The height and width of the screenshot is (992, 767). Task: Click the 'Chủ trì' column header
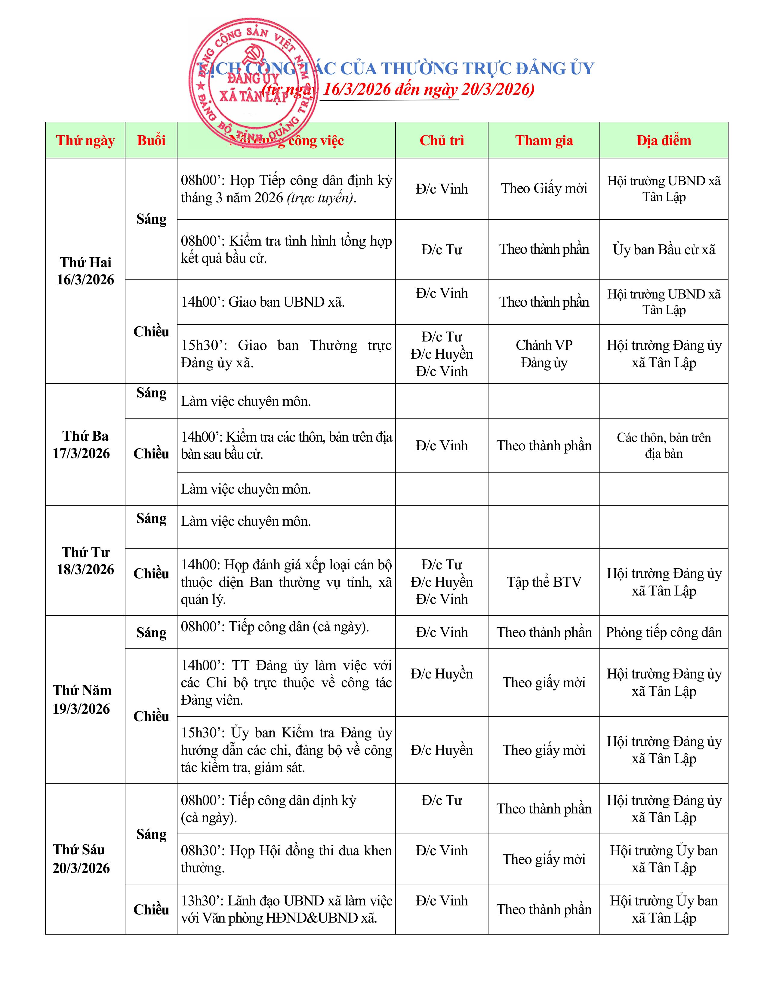pyautogui.click(x=442, y=140)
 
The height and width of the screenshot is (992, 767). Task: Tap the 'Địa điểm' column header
pyautogui.click(x=664, y=140)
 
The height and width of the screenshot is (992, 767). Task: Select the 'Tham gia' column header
pyautogui.click(x=544, y=140)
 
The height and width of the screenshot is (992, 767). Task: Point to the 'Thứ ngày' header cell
pyautogui.click(x=85, y=140)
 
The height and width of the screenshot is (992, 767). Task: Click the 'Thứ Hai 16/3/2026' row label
pyautogui.click(x=85, y=271)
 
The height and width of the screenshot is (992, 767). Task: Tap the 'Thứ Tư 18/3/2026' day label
pyautogui.click(x=85, y=561)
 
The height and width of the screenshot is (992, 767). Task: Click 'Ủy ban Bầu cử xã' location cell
pyautogui.click(x=664, y=250)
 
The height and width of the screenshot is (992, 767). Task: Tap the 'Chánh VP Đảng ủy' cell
pyautogui.click(x=544, y=354)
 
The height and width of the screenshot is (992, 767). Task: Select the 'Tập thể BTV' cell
pyautogui.click(x=544, y=582)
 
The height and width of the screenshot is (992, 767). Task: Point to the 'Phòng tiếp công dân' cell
pyautogui.click(x=664, y=632)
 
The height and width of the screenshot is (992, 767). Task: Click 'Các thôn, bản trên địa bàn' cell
pyautogui.click(x=664, y=445)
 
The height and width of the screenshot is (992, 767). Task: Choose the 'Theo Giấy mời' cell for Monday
pyautogui.click(x=544, y=188)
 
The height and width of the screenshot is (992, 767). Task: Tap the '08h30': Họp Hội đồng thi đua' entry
pyautogui.click(x=286, y=859)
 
